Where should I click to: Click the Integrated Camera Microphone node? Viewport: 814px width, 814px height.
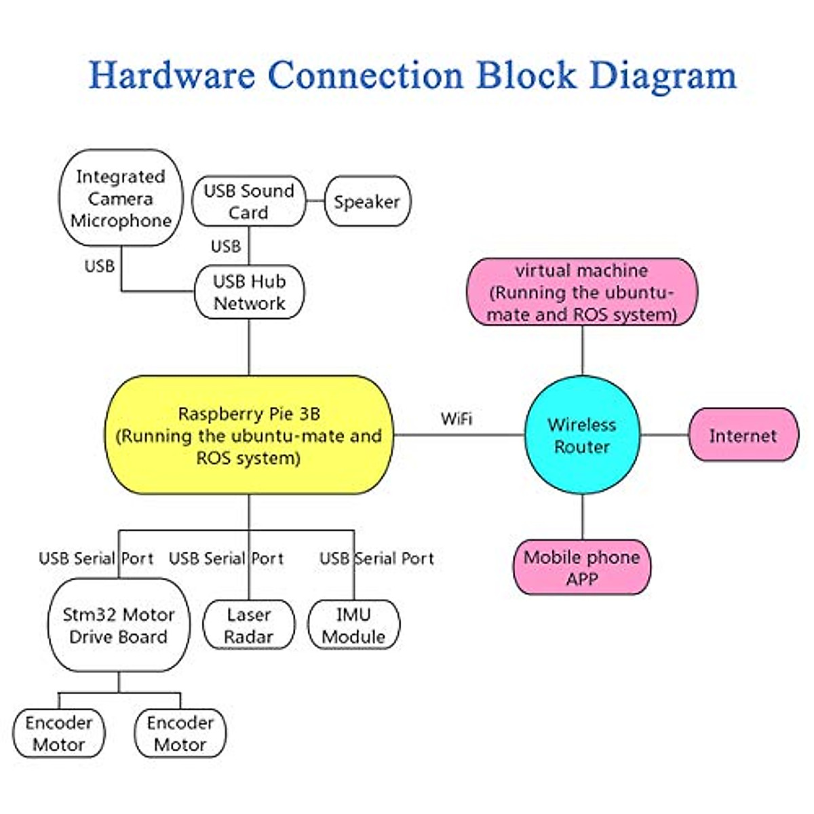coord(121,198)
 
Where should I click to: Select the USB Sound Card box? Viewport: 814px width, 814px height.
coord(248,201)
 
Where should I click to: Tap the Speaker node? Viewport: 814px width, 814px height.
coord(367,201)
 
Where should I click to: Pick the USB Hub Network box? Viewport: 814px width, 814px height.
coord(249,292)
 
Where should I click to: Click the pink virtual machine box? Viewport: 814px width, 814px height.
coord(582,292)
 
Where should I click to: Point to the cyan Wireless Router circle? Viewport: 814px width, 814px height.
coord(582,435)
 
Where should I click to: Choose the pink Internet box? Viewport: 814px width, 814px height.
coord(743,435)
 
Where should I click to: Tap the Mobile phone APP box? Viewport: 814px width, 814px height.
coord(582,568)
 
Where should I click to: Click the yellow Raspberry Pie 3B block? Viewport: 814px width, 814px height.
coord(249,435)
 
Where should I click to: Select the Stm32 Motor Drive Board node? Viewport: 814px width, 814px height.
coord(119,625)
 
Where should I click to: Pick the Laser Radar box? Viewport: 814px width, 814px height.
coord(249,625)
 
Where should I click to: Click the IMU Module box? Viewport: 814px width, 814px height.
coord(353,625)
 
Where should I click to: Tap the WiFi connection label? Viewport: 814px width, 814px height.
coord(457,419)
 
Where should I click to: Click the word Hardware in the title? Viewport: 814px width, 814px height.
coord(172,75)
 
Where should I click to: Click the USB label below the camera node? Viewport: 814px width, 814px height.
coord(100,266)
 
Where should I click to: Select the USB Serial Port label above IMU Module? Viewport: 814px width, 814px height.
coord(376,558)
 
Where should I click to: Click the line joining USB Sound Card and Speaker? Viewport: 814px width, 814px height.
coord(315,201)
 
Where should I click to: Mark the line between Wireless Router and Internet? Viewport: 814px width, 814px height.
coord(665,435)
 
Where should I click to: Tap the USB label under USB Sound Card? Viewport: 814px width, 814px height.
coord(226,246)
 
